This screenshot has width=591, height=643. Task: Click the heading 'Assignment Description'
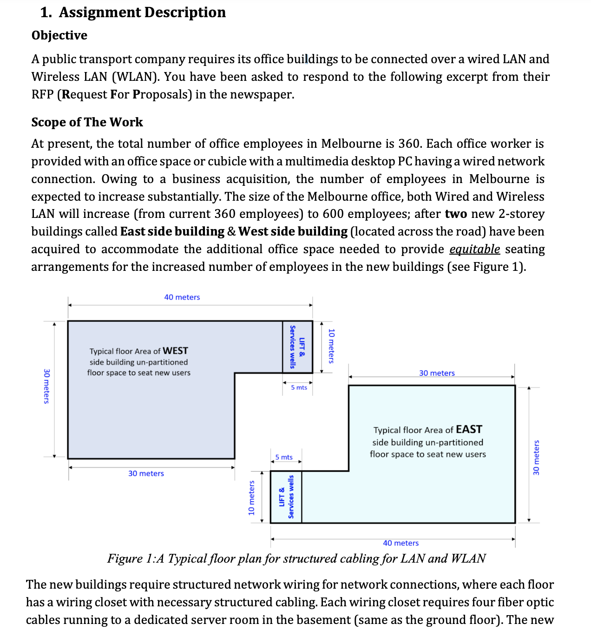click(142, 13)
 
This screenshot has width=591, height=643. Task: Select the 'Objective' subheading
click(59, 35)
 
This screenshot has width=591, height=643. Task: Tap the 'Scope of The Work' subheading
click(87, 122)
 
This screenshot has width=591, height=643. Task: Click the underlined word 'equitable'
click(474, 249)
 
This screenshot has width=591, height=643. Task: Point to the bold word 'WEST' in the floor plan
click(175, 351)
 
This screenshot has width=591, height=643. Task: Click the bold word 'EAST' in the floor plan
click(469, 429)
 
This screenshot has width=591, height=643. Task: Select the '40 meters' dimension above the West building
click(182, 297)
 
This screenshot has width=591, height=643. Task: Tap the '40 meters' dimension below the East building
click(401, 543)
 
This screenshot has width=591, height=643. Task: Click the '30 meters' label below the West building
click(146, 473)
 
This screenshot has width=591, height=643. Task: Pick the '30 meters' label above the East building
click(437, 373)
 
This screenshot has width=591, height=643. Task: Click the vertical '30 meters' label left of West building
click(46, 386)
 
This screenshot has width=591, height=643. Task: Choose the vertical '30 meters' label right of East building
click(536, 458)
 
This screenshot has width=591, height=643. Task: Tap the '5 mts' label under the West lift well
click(299, 387)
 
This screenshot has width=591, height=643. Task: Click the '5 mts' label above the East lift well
click(284, 457)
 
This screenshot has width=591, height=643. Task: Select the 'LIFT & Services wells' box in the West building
click(297, 347)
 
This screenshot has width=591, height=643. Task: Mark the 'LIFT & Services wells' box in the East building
click(286, 497)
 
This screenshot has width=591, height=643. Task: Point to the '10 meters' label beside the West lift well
click(331, 346)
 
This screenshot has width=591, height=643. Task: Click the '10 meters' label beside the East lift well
click(251, 498)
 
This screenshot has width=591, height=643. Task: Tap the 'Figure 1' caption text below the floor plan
click(296, 558)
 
